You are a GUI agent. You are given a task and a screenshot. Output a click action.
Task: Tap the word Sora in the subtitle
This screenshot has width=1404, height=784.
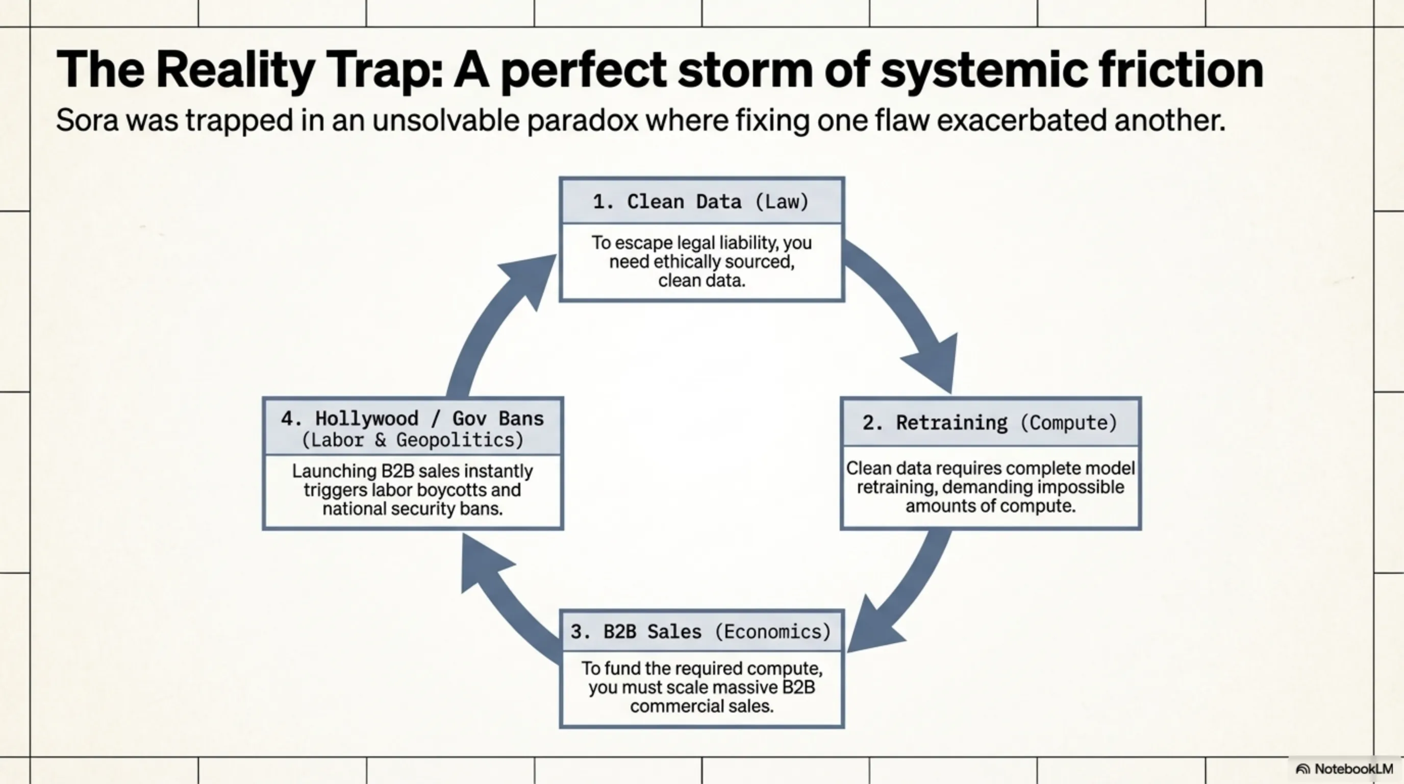87,120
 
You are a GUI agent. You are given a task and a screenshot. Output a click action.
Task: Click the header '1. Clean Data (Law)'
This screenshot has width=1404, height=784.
701,202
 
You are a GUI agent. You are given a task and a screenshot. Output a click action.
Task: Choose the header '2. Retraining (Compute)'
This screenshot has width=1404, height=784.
990,423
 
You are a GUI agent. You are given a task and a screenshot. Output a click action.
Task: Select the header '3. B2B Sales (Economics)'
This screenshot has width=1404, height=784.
701,631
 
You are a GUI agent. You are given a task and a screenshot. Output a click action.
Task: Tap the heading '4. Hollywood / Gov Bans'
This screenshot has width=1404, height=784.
413,419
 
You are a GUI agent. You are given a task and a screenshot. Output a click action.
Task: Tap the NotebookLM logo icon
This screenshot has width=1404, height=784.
1303,769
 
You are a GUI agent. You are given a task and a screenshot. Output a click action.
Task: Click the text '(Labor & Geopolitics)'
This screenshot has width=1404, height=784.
413,440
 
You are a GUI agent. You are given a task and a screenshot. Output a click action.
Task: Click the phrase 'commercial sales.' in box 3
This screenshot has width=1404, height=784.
701,706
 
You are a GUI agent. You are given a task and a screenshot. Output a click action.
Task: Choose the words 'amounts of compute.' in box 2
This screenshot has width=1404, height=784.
990,506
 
